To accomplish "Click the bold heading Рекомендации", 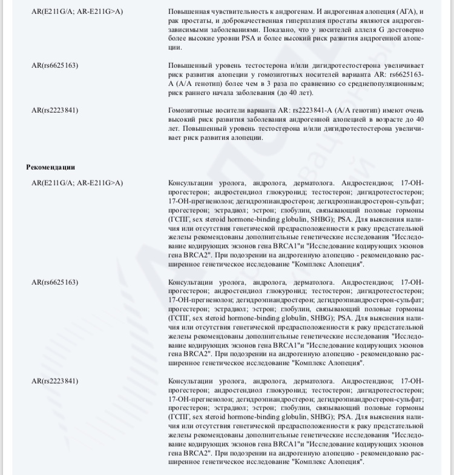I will pos(50,167).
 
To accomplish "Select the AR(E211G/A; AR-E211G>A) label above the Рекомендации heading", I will pos(77,12).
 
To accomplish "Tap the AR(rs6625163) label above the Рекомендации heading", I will pos(54,65).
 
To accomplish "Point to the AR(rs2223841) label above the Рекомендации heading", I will pos(54,110).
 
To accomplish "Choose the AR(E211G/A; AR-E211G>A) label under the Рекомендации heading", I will pos(77,183).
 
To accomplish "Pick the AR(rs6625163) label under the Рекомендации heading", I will pos(54,282).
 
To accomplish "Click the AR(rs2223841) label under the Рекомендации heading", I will pos(54,381).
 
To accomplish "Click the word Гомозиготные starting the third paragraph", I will pos(192,110).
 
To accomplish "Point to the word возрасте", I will pos(390,119).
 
